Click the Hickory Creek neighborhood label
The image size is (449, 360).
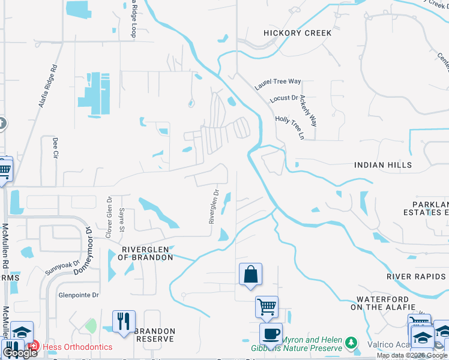297,33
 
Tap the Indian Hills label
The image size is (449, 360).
383,165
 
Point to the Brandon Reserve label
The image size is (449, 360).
155,335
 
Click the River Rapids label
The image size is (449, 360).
416,277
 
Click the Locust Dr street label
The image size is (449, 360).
285,98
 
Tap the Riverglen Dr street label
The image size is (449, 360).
213,207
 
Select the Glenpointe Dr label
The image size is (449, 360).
78,295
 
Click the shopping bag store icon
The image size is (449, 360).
251,275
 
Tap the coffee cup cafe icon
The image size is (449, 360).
271,334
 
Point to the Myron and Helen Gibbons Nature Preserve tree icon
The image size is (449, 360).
350,343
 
